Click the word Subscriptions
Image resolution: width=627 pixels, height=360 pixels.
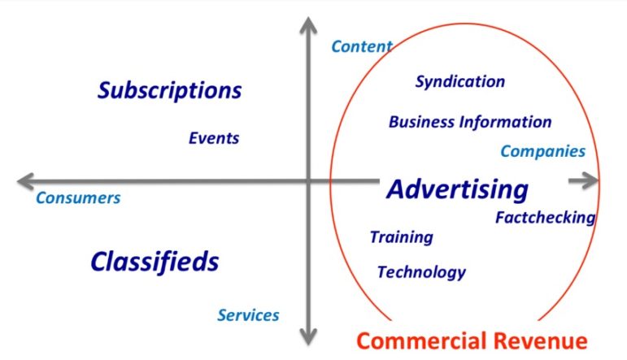169,90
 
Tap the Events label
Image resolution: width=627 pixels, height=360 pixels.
214,138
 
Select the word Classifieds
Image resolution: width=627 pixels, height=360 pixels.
155,262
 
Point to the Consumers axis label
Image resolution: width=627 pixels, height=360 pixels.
78,197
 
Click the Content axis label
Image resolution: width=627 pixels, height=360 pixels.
361,46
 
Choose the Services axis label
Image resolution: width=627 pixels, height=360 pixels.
248,315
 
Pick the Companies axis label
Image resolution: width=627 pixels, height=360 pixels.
542,151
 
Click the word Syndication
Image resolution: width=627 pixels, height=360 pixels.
459,81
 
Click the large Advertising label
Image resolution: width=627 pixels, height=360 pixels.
457,189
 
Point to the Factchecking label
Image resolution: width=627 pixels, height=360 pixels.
545,218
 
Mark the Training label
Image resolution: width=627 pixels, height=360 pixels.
401,237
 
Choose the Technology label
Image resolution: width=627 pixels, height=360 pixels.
421,272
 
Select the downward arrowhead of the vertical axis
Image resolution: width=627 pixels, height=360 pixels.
308,335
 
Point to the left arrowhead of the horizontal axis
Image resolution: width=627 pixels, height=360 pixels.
26,180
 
